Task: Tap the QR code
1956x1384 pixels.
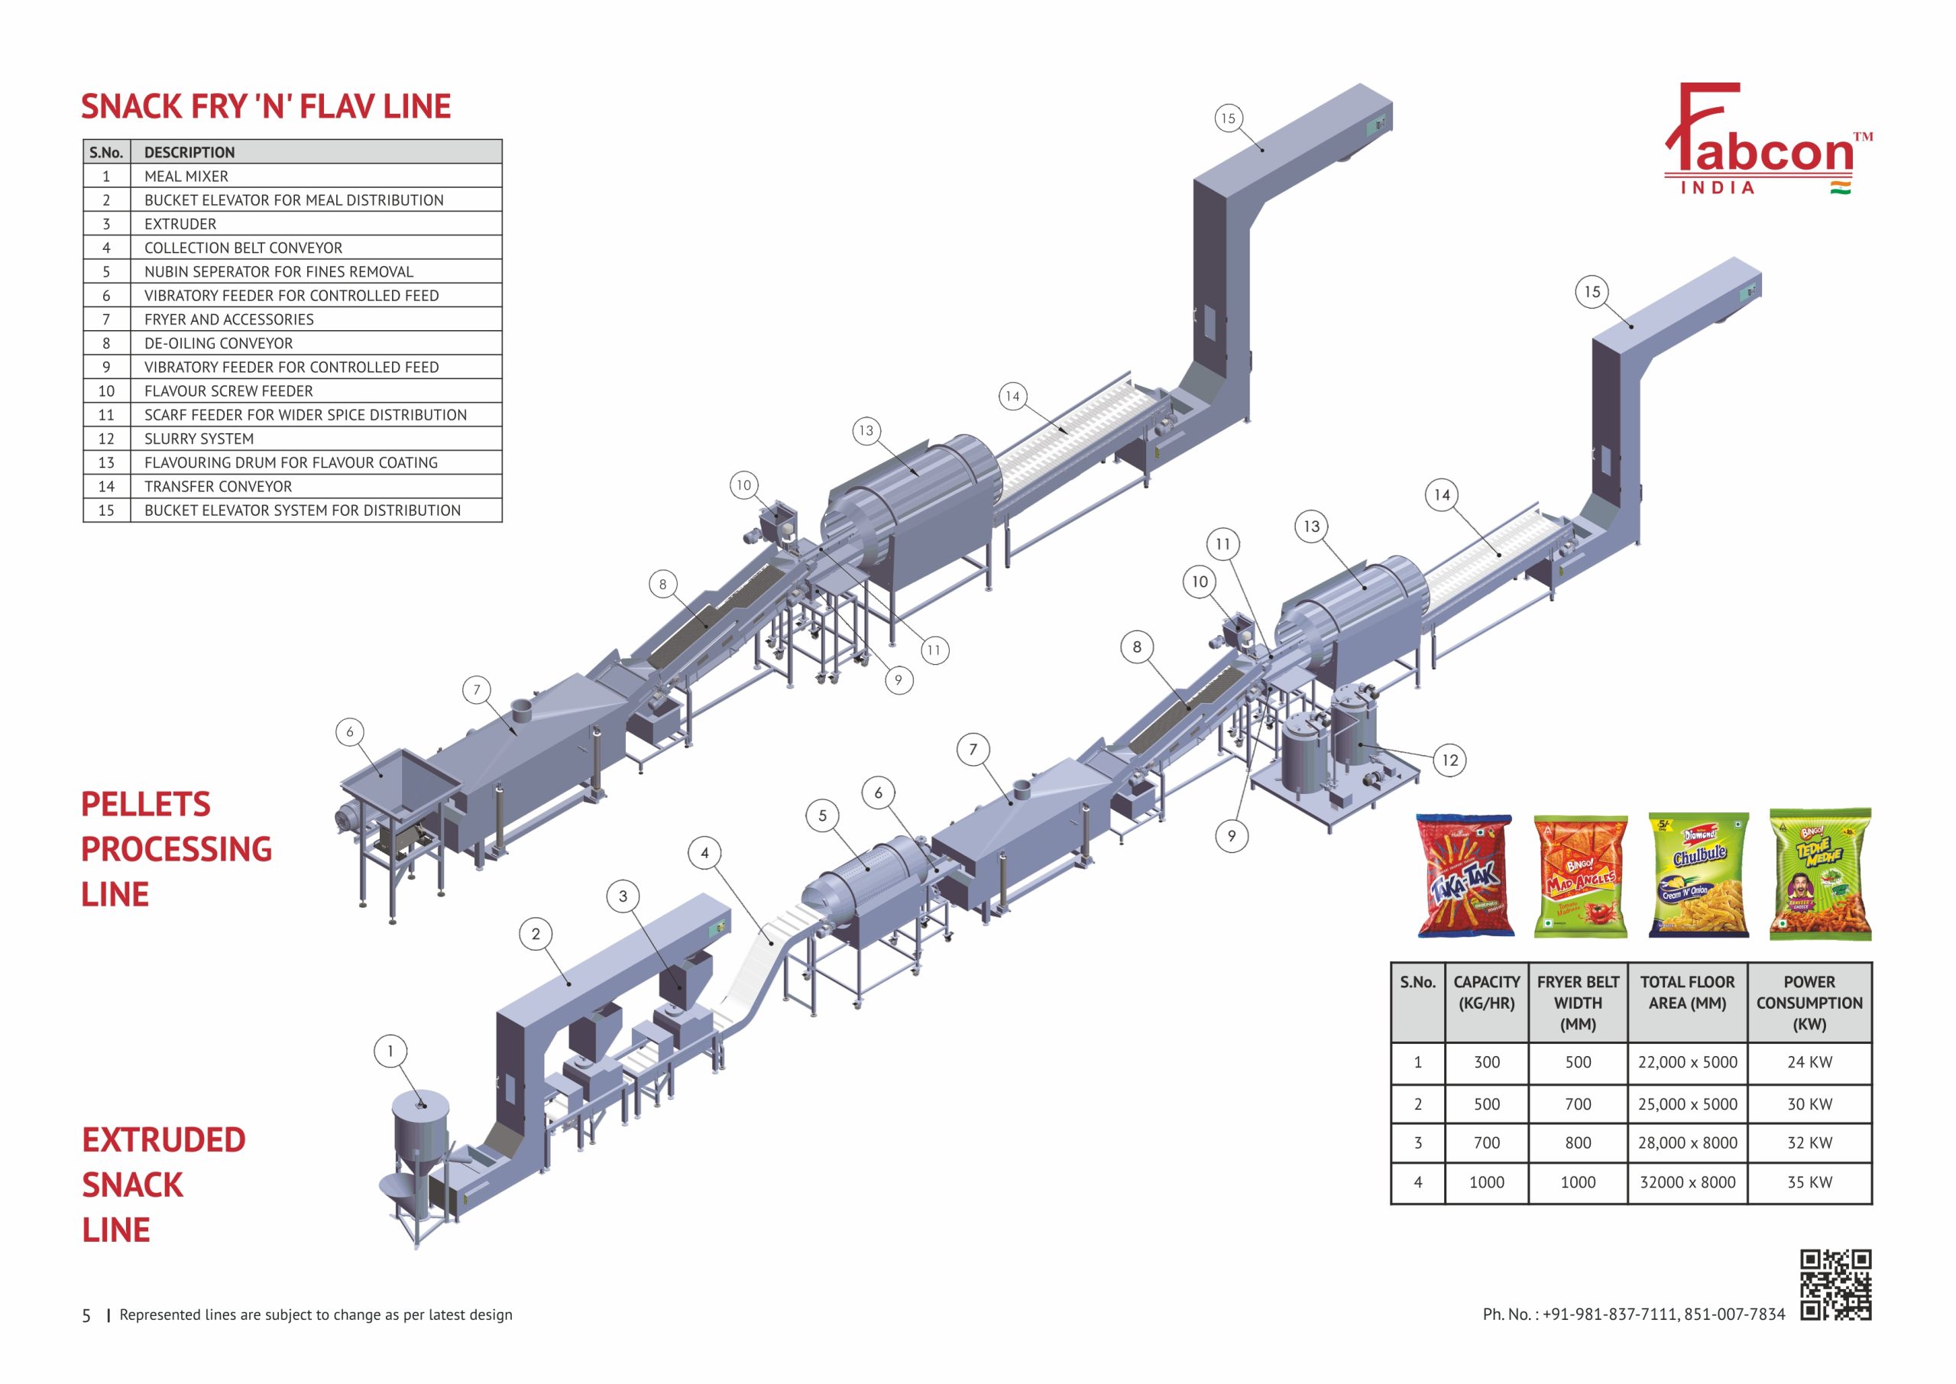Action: [x=1836, y=1285]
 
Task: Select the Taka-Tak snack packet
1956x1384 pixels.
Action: [x=1465, y=875]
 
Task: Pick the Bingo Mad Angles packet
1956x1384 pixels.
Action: [x=1580, y=876]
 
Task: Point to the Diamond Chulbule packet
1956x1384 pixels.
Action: [x=1698, y=874]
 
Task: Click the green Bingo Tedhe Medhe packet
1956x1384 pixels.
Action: [x=1821, y=874]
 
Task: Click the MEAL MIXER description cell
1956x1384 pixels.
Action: [x=186, y=177]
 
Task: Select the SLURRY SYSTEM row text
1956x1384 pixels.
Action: [x=199, y=439]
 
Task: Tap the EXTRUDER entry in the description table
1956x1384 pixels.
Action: [x=180, y=224]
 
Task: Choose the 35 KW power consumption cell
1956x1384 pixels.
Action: [x=1809, y=1182]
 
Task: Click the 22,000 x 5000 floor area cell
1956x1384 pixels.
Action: [x=1687, y=1061]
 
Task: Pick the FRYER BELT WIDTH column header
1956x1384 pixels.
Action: [x=1578, y=1002]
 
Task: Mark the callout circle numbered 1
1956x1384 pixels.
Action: [x=390, y=1051]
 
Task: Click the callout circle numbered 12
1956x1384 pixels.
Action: [x=1450, y=760]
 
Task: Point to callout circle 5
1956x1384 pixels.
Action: [x=822, y=815]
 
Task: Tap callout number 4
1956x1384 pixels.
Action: [x=704, y=853]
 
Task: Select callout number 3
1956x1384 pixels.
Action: [x=623, y=896]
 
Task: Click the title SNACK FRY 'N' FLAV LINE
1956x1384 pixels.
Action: [x=266, y=106]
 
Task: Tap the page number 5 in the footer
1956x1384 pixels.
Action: [x=86, y=1316]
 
